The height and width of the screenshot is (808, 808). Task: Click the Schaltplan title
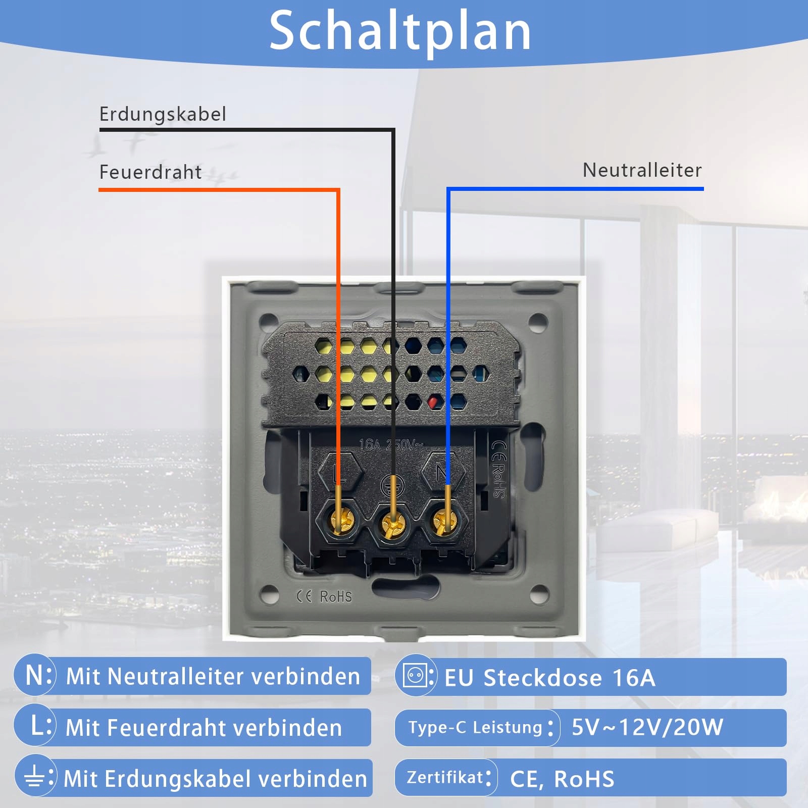[x=400, y=31]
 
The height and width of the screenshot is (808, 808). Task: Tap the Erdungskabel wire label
[x=163, y=114]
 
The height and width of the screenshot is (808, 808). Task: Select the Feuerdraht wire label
[x=150, y=172]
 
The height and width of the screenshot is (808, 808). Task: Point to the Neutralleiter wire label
[x=642, y=170]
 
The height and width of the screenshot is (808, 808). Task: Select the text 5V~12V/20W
[x=647, y=727]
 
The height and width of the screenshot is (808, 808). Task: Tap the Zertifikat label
[x=445, y=778]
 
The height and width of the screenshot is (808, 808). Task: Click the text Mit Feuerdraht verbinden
[x=204, y=728]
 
